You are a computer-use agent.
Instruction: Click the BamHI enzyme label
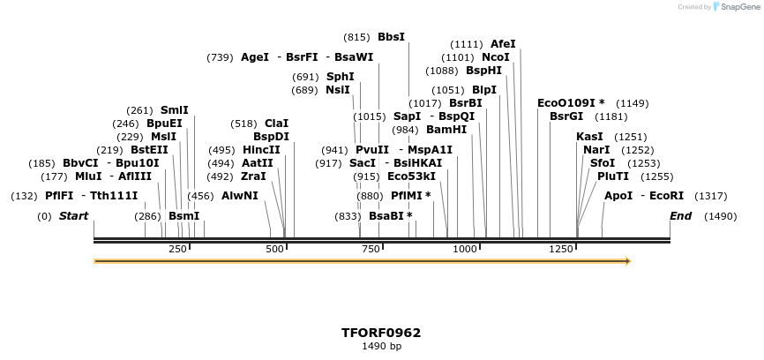446,130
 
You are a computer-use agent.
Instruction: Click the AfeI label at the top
503,43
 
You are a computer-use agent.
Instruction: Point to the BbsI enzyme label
391,37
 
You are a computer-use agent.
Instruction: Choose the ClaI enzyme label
276,124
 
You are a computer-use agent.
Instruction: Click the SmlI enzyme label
174,110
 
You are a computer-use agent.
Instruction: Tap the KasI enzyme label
589,137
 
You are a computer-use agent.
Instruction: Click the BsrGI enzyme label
566,116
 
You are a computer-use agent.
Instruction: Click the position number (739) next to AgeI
220,57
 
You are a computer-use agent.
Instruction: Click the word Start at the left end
74,216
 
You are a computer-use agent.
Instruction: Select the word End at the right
680,216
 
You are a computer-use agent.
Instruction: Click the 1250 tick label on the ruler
562,250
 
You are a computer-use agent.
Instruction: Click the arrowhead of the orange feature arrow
627,261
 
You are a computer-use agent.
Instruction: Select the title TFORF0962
381,333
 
